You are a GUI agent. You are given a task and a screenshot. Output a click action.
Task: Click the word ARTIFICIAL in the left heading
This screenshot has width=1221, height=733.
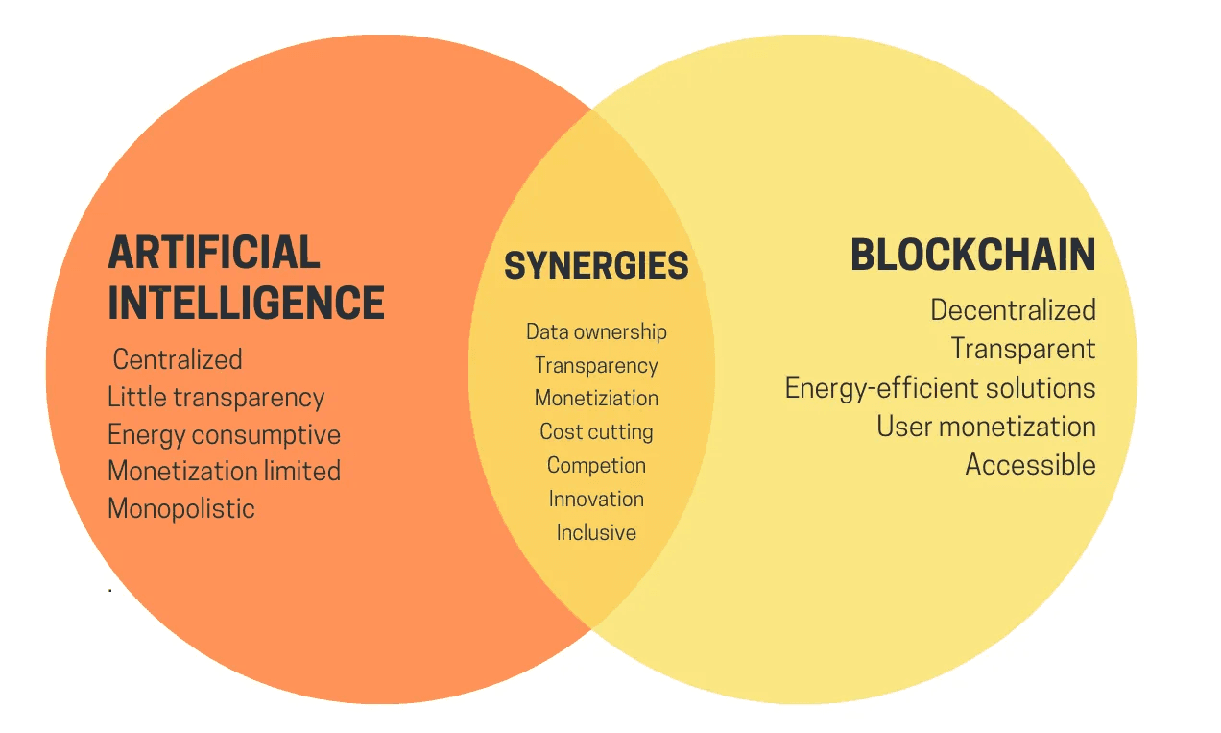point(214,252)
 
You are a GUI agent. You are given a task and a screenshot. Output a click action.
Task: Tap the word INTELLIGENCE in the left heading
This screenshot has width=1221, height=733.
point(247,303)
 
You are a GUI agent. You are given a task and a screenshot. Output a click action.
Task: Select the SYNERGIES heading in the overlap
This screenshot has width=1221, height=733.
point(596,265)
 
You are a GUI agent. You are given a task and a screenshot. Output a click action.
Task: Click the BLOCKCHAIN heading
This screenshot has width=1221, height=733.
point(973,255)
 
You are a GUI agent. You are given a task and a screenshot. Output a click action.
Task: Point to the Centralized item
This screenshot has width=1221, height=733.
point(178,359)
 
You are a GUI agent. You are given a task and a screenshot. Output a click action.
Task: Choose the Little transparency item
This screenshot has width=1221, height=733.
point(216,398)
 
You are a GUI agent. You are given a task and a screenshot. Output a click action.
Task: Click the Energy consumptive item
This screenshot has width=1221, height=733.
point(224,435)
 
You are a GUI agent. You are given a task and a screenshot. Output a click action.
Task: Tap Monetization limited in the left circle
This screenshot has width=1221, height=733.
point(224,471)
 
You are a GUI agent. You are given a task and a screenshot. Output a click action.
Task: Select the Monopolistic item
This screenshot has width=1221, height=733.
point(181,509)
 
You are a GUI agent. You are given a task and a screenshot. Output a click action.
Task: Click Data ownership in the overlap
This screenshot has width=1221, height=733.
point(596,332)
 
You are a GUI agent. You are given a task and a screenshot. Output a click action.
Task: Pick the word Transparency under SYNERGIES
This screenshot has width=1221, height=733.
point(596,366)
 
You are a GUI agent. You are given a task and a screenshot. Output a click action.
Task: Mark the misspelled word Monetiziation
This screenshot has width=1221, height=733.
point(596,398)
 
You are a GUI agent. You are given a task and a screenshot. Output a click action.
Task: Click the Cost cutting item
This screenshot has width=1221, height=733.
point(596,432)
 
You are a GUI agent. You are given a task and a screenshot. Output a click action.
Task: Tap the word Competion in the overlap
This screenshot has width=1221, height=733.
point(596,466)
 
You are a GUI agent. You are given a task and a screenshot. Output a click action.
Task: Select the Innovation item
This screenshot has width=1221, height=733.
point(596,499)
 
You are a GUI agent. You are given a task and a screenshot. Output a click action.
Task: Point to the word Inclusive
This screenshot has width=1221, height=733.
point(596,533)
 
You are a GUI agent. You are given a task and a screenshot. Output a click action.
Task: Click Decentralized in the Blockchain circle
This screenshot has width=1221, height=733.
point(1014,310)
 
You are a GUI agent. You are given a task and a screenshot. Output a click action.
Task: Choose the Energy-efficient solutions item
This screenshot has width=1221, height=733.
point(941,388)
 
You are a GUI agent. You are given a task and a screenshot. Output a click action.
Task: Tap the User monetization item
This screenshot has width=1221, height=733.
point(987,427)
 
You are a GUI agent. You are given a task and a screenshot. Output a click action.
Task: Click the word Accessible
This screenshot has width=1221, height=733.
point(1031,465)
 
